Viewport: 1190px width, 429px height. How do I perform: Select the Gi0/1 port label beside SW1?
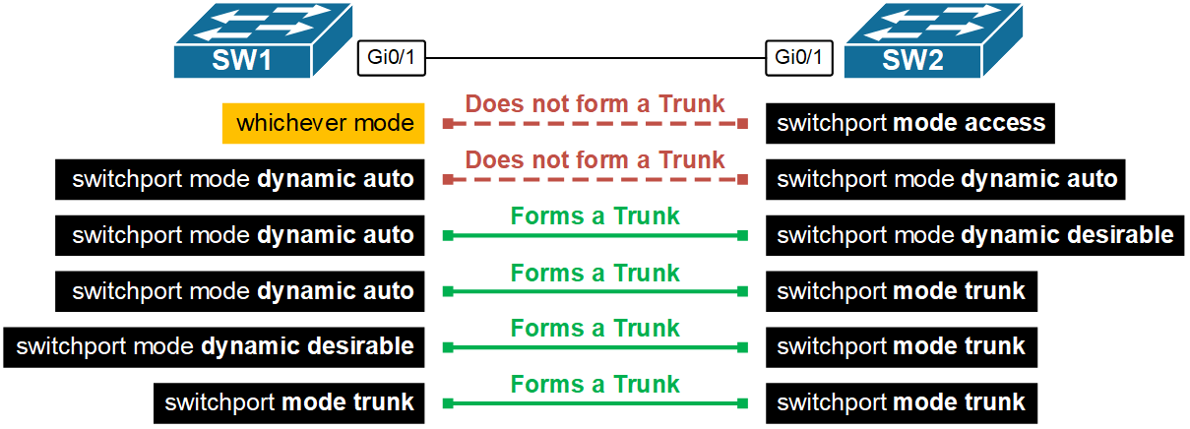391,57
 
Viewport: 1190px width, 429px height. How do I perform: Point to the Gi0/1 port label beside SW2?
798,57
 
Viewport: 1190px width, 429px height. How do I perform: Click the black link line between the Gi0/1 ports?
595,57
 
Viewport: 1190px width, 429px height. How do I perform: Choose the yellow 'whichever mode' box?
323,124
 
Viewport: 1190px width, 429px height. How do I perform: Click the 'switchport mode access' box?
910,124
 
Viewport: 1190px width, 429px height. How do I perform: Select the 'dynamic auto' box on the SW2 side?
946,180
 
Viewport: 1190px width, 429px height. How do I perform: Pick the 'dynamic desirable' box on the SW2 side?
974,235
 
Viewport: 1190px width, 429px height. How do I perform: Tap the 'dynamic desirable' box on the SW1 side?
215,347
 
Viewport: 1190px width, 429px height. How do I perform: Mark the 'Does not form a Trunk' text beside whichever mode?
595,103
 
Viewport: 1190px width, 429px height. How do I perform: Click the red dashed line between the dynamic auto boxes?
595,180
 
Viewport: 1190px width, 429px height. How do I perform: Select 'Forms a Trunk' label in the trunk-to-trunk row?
595,383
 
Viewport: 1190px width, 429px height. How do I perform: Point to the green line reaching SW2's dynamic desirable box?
595,236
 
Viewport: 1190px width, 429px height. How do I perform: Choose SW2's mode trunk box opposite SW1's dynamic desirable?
901,347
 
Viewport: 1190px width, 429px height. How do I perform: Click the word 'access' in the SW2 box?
1004,124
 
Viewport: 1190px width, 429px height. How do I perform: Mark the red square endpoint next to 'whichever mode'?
447,124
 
